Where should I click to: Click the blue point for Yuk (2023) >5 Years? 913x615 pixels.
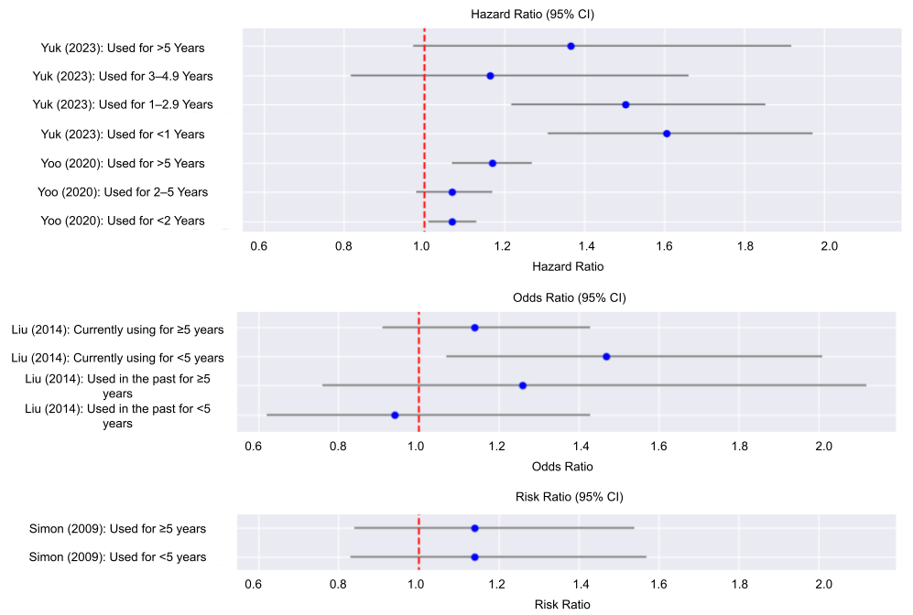(x=571, y=46)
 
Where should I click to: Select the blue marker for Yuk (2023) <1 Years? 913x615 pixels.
(x=667, y=134)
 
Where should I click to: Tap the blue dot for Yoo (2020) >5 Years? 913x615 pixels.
(x=493, y=163)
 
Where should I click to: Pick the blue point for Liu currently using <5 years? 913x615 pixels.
(x=606, y=356)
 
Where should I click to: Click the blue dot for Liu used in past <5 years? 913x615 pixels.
(x=395, y=415)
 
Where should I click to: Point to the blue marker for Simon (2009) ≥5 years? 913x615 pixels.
(x=474, y=528)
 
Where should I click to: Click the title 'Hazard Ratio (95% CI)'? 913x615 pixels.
(x=533, y=15)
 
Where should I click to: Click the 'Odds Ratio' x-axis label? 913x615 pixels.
(x=561, y=467)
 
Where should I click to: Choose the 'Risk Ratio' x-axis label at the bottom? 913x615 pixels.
(x=561, y=604)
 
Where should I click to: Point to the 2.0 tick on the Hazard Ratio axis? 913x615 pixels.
(x=829, y=245)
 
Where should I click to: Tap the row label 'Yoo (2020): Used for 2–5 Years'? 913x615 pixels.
(x=125, y=192)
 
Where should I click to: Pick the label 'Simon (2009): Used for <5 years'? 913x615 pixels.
(x=117, y=557)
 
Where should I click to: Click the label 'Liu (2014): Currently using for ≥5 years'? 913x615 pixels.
(x=111, y=329)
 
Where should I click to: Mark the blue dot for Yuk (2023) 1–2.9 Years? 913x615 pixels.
(x=625, y=104)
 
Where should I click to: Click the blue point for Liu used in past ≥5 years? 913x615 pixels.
(x=522, y=385)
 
